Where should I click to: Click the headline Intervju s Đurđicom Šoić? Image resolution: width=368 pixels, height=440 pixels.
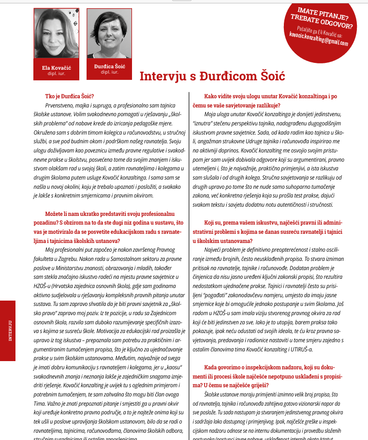[212, 76]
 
